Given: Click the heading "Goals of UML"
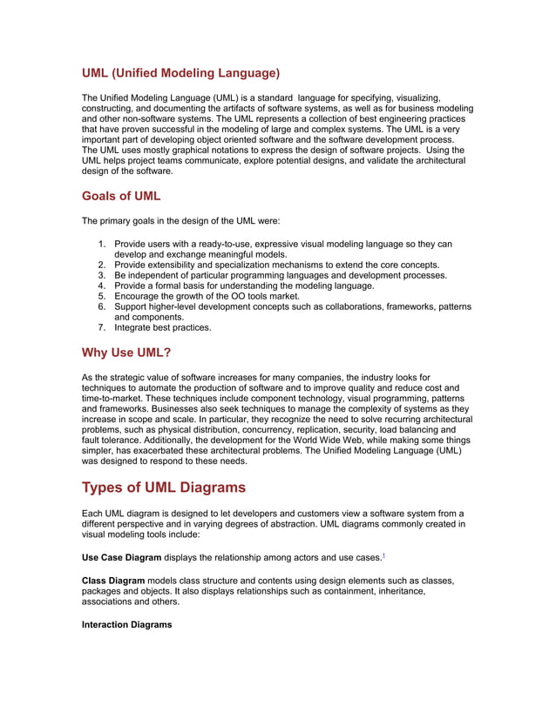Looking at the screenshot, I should tap(120, 196).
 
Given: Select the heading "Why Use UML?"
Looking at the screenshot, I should tap(125, 353).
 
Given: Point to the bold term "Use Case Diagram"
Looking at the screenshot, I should tap(121, 556).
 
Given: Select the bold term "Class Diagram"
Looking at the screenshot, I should tap(112, 579).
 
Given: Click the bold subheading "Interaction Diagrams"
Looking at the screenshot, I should tap(126, 624).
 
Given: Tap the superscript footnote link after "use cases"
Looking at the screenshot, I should tap(385, 554).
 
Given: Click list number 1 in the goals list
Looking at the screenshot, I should tap(102, 244).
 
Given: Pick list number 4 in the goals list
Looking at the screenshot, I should tap(102, 286).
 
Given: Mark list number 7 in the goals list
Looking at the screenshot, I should tap(102, 328).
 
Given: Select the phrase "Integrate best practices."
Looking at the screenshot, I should tap(163, 328).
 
